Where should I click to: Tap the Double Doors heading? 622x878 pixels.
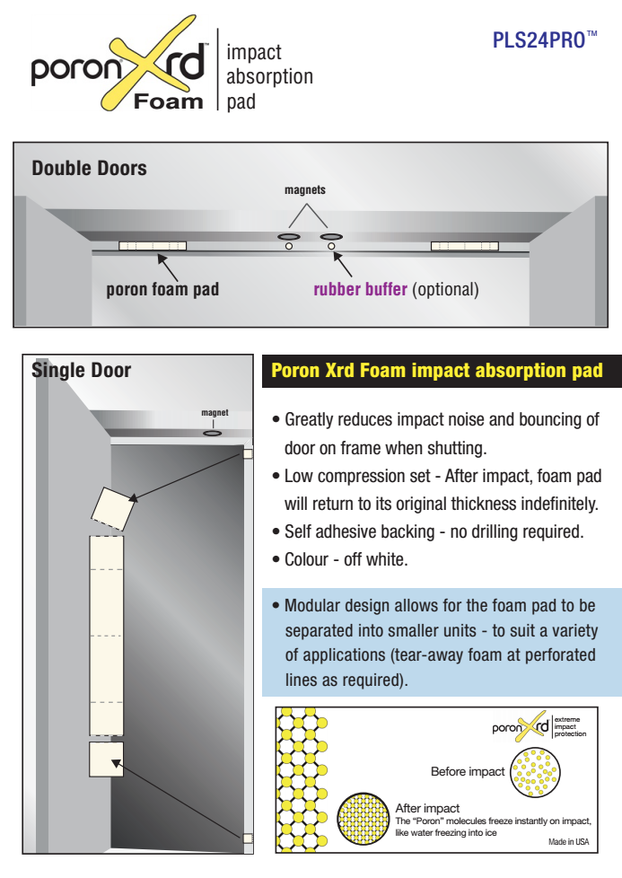tap(89, 168)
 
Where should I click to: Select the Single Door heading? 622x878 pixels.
tap(82, 370)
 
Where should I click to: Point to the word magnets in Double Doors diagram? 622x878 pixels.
tap(305, 190)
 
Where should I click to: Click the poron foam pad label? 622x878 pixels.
tap(162, 290)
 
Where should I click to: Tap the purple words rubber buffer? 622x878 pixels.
tap(360, 290)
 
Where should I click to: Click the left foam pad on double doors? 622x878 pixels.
tap(153, 246)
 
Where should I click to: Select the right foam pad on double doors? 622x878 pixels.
tap(464, 246)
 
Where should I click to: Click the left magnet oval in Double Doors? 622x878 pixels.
tap(289, 236)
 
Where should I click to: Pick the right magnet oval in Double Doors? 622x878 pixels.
tap(332, 236)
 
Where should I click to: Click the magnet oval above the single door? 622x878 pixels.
tap(213, 433)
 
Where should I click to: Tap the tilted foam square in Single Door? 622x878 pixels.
tap(114, 510)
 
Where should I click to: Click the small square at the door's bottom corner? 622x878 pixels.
tap(247, 838)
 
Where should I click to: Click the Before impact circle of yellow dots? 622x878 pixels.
tap(535, 771)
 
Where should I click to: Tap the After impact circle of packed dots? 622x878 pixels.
tap(363, 817)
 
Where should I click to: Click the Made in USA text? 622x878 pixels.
tap(568, 841)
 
